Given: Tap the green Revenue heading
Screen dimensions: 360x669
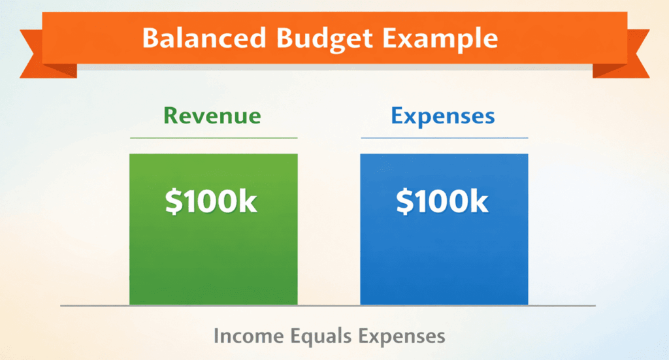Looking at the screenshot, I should [212, 116].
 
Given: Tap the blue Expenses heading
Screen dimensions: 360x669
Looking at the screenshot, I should [443, 116].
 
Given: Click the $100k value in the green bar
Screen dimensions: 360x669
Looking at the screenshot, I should [212, 202].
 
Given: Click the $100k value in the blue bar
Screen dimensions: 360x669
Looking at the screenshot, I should [442, 202].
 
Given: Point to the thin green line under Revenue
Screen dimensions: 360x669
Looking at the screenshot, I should [213, 138].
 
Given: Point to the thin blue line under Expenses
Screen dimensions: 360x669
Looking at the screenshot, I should [444, 138].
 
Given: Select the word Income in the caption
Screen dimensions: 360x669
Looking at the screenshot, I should [248, 336].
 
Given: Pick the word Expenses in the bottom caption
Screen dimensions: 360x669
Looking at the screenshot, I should [402, 336].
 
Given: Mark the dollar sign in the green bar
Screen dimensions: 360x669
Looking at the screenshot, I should [172, 202].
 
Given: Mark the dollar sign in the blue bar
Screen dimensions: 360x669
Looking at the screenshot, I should [404, 202].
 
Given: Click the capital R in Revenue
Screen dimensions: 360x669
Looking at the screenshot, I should [171, 116].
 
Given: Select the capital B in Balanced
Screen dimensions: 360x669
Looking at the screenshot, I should [152, 38].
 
